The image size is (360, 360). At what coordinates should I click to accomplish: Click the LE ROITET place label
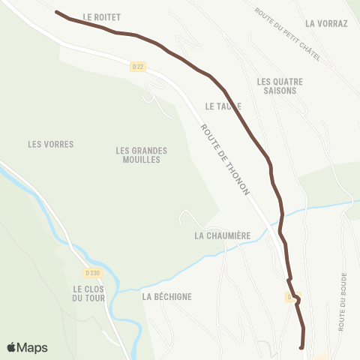point(102,16)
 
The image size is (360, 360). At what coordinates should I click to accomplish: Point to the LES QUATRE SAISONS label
point(276,85)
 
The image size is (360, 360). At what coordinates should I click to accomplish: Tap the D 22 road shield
point(136,67)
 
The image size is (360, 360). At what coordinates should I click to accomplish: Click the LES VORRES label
point(50,144)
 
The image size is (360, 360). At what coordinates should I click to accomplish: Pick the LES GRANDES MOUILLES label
point(142,154)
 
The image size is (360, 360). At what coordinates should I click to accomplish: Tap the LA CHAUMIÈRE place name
point(221,235)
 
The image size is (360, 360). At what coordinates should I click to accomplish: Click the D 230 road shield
point(91,273)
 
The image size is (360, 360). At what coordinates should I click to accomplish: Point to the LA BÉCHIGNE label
point(166,296)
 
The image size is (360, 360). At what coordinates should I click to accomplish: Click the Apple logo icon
point(12,347)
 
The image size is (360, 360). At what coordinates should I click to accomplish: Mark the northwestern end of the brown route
point(58,12)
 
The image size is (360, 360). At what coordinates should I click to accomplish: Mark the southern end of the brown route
point(301,347)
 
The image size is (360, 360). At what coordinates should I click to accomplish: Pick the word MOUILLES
point(142,160)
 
